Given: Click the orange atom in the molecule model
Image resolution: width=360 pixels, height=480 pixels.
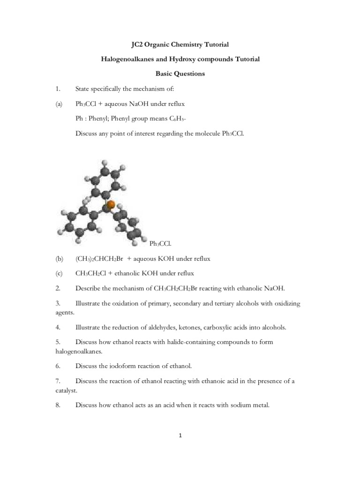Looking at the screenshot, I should pyautogui.click(x=111, y=205).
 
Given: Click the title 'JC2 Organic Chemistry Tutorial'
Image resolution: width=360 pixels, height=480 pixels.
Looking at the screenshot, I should pyautogui.click(x=180, y=45).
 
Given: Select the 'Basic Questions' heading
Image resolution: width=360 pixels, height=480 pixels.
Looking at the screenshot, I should pyautogui.click(x=180, y=74).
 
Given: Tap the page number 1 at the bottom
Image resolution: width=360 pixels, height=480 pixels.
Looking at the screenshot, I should pyautogui.click(x=180, y=435).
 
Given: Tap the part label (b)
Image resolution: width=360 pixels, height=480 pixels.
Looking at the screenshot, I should pyautogui.click(x=59, y=258).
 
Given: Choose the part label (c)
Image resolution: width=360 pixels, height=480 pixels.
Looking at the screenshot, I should pyautogui.click(x=59, y=273).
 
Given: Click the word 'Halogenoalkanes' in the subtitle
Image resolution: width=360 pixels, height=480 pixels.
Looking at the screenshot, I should pyautogui.click(x=118, y=59).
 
